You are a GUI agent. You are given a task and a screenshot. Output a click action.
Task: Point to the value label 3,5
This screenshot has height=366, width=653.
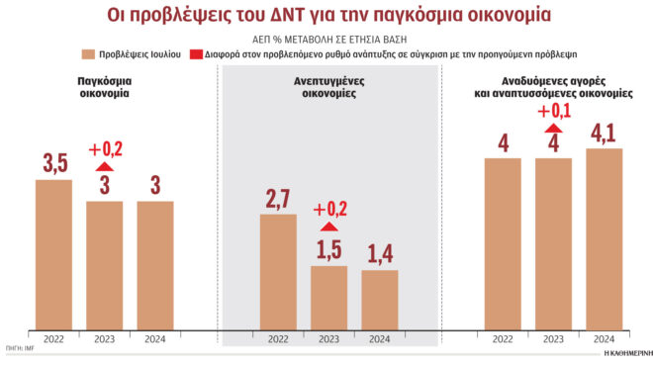[53, 163]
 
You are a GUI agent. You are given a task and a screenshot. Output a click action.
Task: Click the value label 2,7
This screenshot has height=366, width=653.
[278, 199]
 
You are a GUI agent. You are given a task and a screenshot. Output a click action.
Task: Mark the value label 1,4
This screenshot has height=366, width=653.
[379, 255]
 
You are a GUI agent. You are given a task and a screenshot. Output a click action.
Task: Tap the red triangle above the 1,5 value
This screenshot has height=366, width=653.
[328, 228]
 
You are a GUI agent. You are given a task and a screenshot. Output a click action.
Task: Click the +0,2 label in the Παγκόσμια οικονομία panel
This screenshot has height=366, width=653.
[105, 150]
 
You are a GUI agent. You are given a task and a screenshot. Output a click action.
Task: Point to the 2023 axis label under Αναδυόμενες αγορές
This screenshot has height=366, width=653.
[554, 338]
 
